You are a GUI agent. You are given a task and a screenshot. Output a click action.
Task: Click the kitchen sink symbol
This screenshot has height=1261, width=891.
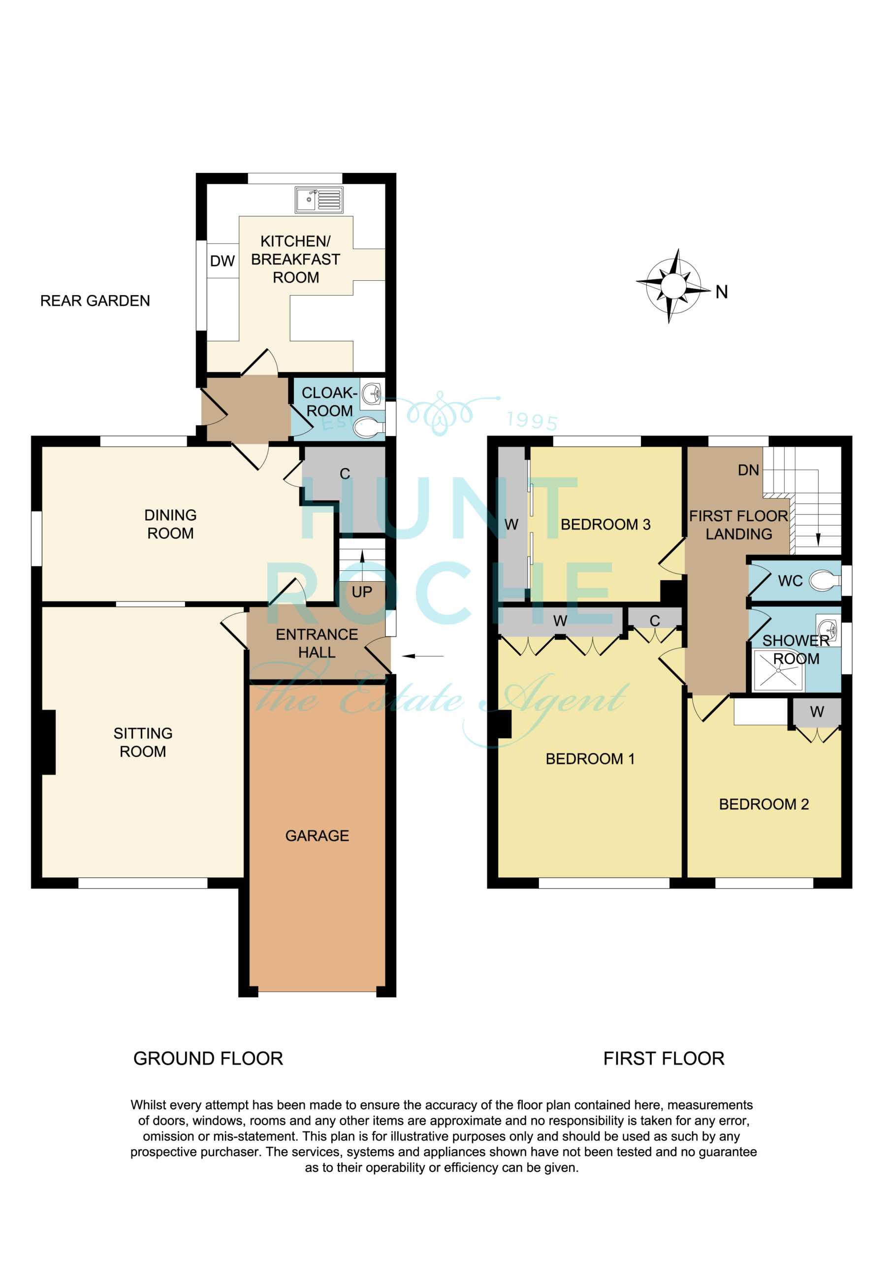click(319, 199)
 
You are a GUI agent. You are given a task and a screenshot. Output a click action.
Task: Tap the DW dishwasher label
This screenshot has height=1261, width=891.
click(223, 262)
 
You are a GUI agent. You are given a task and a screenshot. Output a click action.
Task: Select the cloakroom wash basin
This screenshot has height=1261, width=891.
click(373, 394)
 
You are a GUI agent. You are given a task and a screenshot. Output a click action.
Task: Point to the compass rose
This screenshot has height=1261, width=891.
click(673, 286)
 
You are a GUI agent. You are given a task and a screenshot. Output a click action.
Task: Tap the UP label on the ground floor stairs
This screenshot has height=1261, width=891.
click(362, 592)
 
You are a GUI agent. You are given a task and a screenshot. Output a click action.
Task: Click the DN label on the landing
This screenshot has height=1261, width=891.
click(748, 470)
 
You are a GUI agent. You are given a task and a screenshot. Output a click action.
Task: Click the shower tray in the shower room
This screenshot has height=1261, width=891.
click(778, 670)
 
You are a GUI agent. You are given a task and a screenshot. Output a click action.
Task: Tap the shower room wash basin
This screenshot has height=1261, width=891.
click(829, 629)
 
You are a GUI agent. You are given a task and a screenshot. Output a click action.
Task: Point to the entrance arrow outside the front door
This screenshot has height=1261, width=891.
click(423, 656)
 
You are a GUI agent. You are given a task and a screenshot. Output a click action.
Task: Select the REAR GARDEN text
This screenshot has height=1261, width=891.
click(95, 301)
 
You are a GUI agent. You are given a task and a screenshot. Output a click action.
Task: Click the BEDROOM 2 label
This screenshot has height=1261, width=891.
click(764, 804)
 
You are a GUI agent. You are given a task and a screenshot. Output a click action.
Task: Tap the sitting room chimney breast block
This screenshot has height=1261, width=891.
click(49, 742)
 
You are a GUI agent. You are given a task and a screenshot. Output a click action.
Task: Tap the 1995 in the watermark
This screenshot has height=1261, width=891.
click(532, 421)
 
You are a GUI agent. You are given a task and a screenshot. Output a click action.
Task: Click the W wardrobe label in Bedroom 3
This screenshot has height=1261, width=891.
click(511, 525)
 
